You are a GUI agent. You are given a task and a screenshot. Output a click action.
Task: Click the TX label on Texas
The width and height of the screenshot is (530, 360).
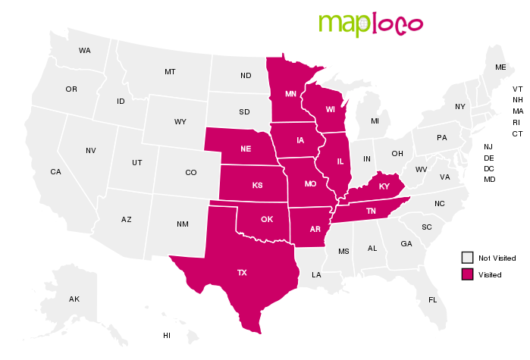[x=242, y=272]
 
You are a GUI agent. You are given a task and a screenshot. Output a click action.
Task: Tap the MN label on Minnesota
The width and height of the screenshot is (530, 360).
[x=290, y=95]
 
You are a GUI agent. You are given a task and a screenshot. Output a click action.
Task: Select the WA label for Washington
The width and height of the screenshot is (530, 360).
[x=84, y=51]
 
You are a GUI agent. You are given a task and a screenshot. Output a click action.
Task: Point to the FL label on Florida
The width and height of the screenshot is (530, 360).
[x=432, y=300]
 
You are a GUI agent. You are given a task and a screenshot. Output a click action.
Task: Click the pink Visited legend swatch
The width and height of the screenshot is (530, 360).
[x=468, y=274]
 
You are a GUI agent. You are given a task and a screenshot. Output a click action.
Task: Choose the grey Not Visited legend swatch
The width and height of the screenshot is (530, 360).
[x=468, y=258]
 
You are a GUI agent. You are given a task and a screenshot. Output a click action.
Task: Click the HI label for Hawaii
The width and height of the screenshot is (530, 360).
[x=167, y=335]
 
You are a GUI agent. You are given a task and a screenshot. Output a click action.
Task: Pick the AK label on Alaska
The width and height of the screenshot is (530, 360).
[x=74, y=299]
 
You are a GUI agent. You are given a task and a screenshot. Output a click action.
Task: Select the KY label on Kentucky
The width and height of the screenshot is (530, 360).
[x=384, y=186]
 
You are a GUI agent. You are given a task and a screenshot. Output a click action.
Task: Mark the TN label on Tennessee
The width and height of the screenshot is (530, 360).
[x=372, y=211]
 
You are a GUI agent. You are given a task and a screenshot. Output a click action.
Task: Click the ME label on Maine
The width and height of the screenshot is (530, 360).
[x=500, y=67]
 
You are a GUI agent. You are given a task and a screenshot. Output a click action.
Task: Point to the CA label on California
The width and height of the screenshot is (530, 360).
[x=55, y=172]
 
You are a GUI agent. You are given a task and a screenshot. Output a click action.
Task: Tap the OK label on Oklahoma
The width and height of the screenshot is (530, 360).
[x=267, y=220]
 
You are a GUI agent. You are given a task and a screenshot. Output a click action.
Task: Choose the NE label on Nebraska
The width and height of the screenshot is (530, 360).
[x=246, y=149]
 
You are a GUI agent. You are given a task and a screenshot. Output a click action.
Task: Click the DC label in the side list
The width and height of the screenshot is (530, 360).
[x=489, y=168]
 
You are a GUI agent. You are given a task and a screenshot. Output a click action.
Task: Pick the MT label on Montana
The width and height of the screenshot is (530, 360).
[x=170, y=72]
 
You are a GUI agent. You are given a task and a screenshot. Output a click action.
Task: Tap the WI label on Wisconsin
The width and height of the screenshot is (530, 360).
[x=331, y=109]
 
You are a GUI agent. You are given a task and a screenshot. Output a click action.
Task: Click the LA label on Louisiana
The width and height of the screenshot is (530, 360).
[x=316, y=274]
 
